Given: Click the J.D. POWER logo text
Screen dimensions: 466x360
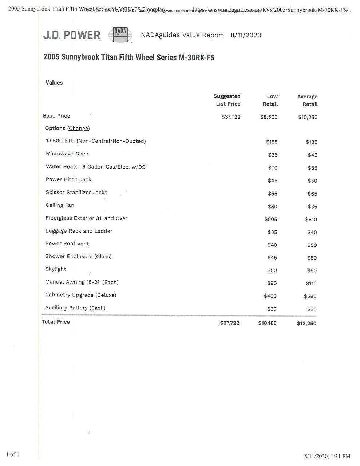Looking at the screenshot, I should click(71, 35).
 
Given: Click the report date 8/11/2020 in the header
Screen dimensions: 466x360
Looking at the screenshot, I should click(246, 35).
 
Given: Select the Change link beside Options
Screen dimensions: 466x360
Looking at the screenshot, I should click(78, 129).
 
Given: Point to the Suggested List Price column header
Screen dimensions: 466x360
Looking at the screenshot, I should click(227, 100).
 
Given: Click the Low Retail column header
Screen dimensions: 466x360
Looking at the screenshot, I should click(270, 100).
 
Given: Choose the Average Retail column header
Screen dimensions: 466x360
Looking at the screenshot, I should click(308, 100).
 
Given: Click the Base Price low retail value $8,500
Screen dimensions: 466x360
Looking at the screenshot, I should click(269, 117).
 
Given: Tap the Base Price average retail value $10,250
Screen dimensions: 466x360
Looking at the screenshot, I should click(308, 117).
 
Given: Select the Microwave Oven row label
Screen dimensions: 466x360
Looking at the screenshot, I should click(67, 154).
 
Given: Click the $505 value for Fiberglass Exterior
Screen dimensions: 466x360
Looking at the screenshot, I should click(271, 219).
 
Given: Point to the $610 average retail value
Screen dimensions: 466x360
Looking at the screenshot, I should click(311, 220).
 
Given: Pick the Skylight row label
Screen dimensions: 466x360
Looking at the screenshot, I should click(56, 269).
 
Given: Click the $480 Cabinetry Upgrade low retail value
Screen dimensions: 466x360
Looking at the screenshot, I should click(270, 296).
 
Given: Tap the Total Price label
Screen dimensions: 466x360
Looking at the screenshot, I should click(56, 322).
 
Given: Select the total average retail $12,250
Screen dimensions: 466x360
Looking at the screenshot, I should click(306, 323).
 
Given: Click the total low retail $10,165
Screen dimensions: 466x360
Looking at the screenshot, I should click(267, 323).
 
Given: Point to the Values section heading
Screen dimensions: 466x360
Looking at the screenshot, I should click(54, 83).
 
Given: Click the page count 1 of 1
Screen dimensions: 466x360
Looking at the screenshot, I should click(12, 454).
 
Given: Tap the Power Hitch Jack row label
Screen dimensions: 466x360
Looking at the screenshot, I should click(68, 179).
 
